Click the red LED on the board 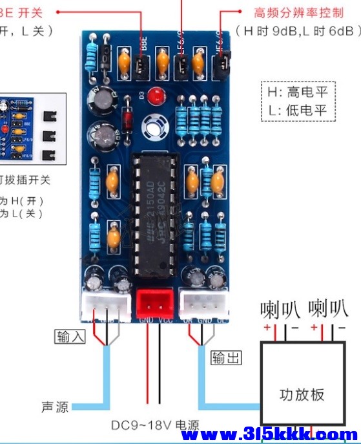tap(154, 98)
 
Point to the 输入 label tap(68, 336)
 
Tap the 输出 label tap(223, 357)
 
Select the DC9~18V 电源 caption tap(155, 425)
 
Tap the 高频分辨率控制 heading tap(299, 13)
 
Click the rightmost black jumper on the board tap(221, 63)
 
